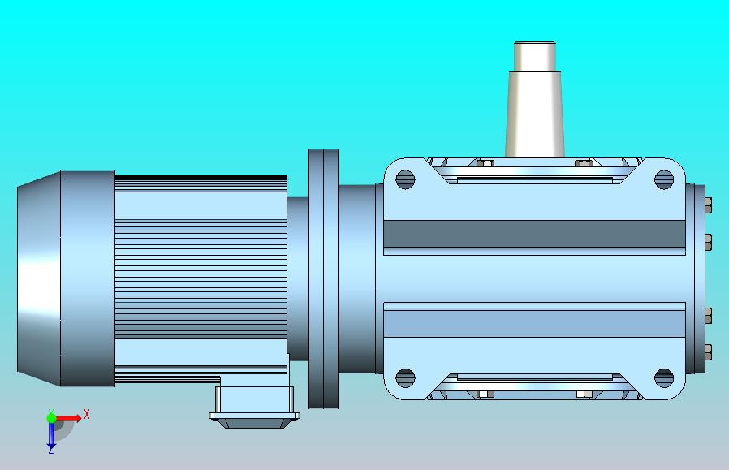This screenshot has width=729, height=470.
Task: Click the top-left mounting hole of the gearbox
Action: click(x=405, y=179)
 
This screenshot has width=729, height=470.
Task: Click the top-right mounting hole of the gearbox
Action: click(x=664, y=179)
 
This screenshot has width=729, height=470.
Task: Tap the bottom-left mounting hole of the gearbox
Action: click(x=405, y=378)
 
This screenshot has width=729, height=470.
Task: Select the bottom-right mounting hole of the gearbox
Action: click(x=664, y=378)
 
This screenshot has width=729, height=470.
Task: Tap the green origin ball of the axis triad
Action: click(x=51, y=418)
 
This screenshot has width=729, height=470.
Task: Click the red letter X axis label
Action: click(x=87, y=414)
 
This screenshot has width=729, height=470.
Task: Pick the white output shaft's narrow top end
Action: click(x=535, y=57)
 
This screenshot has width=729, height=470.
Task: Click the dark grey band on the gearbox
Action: click(x=535, y=234)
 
